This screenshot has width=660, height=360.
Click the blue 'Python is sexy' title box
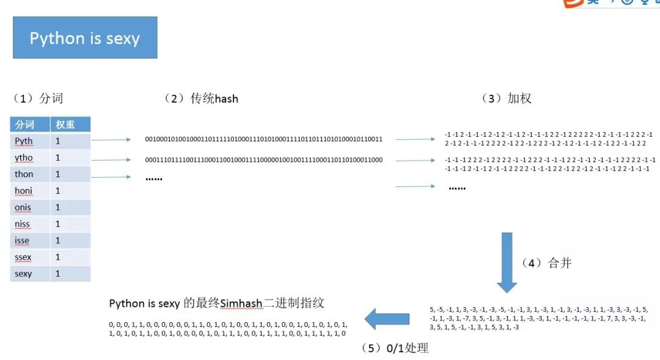[85, 38]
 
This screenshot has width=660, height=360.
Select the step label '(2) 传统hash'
[201, 98]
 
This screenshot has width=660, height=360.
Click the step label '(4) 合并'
[546, 263]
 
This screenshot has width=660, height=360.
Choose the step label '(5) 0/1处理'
[394, 348]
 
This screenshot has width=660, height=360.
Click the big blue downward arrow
[507, 262]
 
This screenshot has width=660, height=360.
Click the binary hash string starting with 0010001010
[263, 139]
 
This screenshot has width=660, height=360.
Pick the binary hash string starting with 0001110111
[263, 160]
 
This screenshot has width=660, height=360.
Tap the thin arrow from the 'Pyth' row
[111, 140]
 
